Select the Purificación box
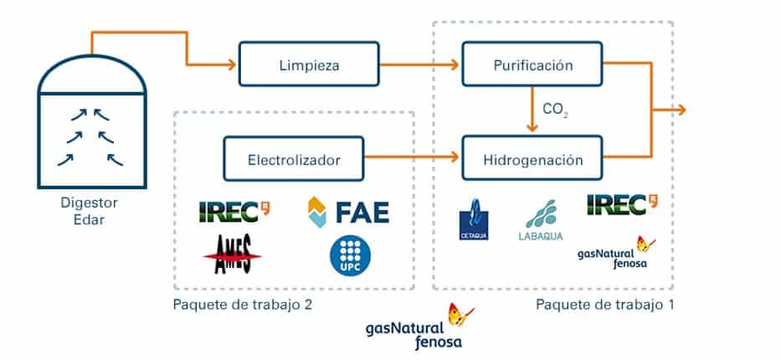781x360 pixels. click(x=532, y=64)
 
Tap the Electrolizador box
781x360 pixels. click(x=293, y=158)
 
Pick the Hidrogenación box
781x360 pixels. click(x=532, y=158)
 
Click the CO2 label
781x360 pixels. click(x=555, y=111)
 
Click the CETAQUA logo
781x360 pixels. click(x=475, y=220)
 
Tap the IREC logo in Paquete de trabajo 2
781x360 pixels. click(x=234, y=210)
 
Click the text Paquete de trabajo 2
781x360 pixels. click(x=241, y=305)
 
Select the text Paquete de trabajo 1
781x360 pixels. click(x=604, y=305)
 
